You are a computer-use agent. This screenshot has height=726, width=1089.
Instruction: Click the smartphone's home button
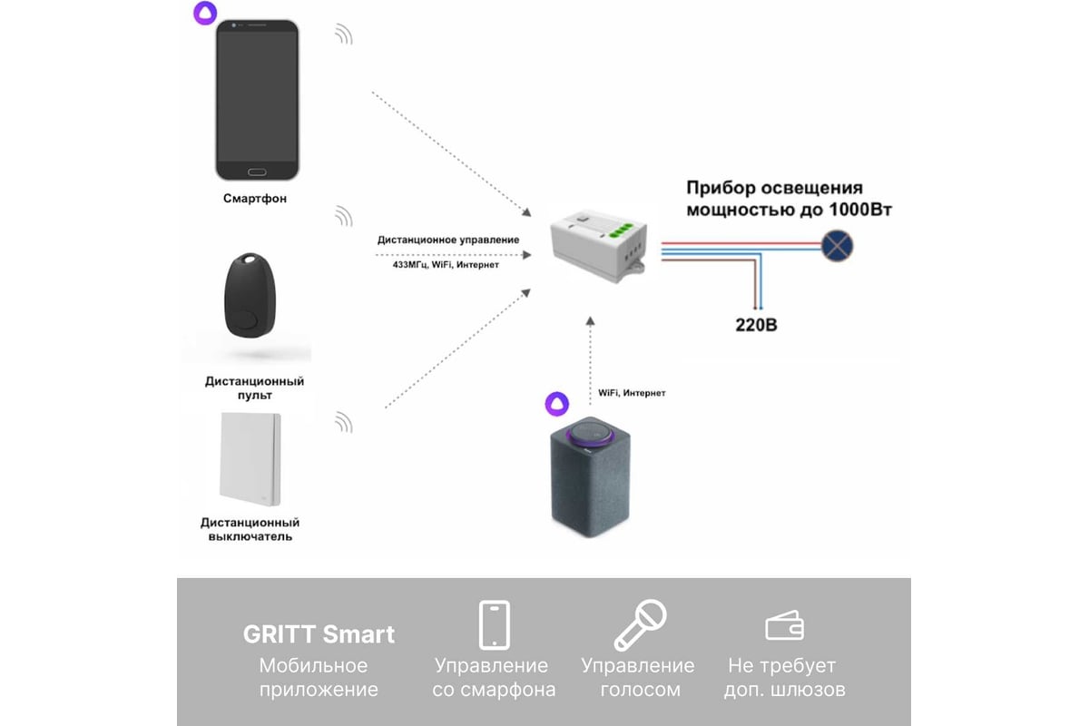257,172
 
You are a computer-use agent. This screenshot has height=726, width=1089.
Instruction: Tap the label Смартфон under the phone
255,199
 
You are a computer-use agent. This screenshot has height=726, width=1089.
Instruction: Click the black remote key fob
250,295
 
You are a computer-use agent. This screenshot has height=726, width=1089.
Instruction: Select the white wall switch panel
250,458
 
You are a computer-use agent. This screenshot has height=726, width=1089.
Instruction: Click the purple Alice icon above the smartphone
205,13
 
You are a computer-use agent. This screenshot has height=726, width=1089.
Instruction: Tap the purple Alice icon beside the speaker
556,404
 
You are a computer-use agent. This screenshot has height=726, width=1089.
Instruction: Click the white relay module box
599,246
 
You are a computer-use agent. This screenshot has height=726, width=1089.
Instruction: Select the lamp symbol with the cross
837,246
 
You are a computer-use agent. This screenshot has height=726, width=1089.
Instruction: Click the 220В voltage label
756,325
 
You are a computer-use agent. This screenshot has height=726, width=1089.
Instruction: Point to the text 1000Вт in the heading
860,210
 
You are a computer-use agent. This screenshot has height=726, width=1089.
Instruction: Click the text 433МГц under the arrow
410,264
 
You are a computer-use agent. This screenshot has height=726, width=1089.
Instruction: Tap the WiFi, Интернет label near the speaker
632,393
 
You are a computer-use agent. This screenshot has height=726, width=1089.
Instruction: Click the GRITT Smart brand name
319,634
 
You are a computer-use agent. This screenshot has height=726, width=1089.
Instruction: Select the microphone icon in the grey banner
640,625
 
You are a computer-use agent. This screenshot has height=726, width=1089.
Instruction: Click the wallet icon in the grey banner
785,626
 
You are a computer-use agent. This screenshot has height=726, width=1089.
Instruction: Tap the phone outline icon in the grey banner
495,625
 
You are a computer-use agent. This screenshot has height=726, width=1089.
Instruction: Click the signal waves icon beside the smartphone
344,35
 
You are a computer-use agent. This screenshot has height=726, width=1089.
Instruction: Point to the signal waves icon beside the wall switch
344,423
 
